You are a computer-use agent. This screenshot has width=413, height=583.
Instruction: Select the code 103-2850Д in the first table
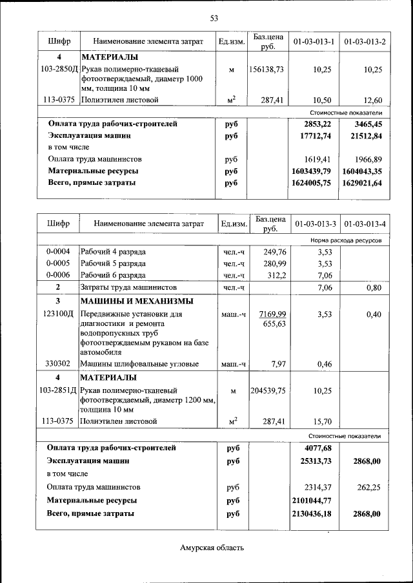click(59, 69)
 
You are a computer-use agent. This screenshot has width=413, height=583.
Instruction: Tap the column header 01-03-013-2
click(365, 42)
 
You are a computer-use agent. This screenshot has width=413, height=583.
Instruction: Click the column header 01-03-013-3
click(314, 224)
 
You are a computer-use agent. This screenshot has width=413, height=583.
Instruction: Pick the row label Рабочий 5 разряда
click(113, 263)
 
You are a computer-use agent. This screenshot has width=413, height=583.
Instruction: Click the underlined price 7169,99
click(272, 314)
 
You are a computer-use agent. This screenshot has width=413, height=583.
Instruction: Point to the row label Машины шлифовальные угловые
click(139, 364)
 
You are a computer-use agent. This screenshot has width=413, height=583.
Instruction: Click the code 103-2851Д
click(58, 390)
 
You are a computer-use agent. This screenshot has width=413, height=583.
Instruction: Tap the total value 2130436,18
click(311, 513)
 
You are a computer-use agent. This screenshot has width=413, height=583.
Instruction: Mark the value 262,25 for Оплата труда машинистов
click(369, 487)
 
